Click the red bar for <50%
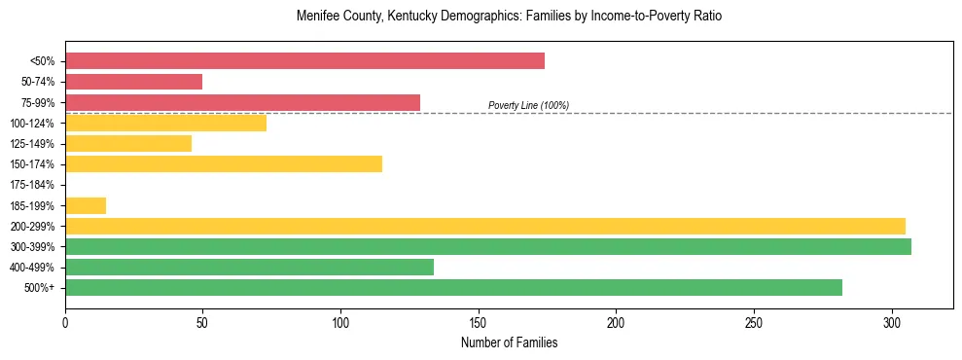pyautogui.click(x=304, y=61)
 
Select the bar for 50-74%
pyautogui.click(x=133, y=82)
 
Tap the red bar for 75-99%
pyautogui.click(x=242, y=102)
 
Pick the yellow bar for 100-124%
pyautogui.click(x=165, y=123)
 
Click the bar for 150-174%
pyautogui.click(x=224, y=163)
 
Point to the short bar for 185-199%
pyautogui.click(x=86, y=205)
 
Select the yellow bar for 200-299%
pyautogui.click(x=485, y=226)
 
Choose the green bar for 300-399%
pyautogui.click(x=488, y=246)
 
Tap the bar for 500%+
pyautogui.click(x=453, y=287)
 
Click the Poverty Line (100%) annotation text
pyautogui.click(x=528, y=105)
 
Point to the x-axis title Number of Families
pyautogui.click(x=509, y=342)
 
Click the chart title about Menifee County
pyautogui.click(x=509, y=17)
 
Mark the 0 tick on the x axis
pyautogui.click(x=65, y=322)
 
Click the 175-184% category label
pyautogui.click(x=32, y=185)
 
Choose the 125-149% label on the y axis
pyautogui.click(x=32, y=144)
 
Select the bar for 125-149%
pyautogui.click(x=128, y=143)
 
